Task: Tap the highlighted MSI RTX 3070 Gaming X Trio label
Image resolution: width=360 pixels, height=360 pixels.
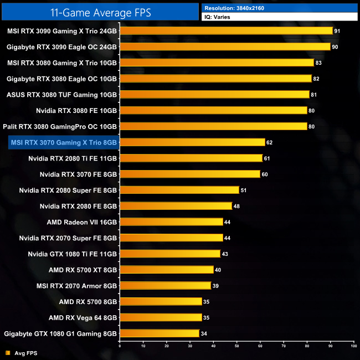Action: (x=63, y=143)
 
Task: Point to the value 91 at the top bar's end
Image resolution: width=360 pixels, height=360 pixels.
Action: (x=337, y=31)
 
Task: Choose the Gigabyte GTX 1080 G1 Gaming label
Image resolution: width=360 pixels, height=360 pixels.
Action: (x=60, y=334)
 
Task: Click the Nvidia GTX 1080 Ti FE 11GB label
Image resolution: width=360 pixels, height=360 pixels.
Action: (x=73, y=254)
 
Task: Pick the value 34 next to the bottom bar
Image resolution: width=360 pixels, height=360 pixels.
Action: (x=203, y=334)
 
